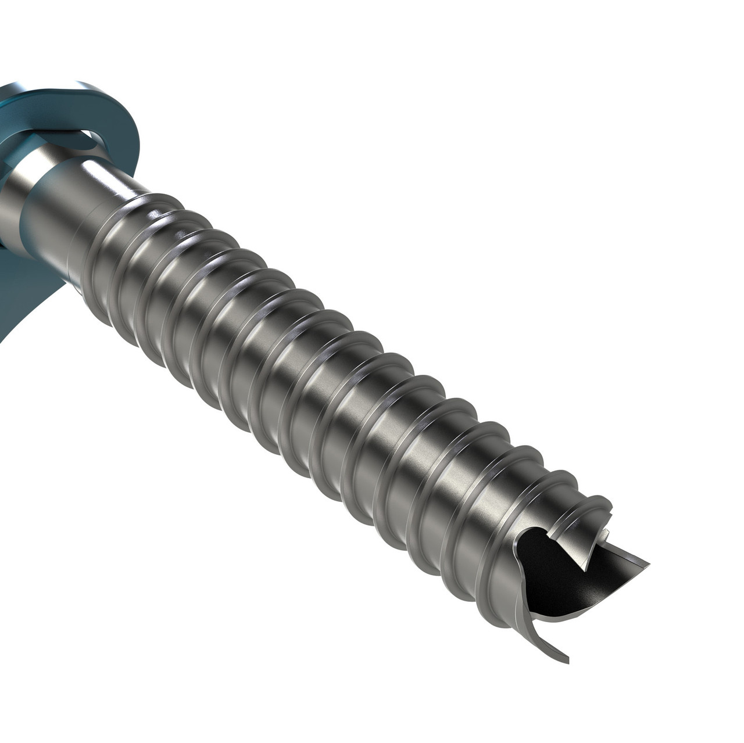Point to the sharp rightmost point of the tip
[x=647, y=565]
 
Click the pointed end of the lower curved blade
[x=567, y=661]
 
